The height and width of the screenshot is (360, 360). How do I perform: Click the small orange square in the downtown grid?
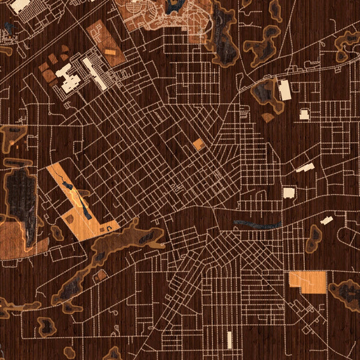click(199, 144)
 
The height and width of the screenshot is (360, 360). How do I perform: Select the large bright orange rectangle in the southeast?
click(308, 282)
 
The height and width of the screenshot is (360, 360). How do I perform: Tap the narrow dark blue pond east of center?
click(258, 224)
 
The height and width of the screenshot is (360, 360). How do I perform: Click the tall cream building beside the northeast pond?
click(284, 90)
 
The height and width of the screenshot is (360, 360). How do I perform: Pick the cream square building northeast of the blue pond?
click(289, 193)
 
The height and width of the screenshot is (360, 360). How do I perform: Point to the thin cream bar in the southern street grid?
click(229, 339)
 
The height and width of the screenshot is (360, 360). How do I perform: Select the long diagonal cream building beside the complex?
click(94, 73)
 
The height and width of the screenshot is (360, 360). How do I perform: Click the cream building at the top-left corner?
click(20, 5)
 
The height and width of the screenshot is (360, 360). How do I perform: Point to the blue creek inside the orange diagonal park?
click(78, 198)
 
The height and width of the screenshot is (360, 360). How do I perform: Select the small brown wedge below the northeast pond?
click(268, 117)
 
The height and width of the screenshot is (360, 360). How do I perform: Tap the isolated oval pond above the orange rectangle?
click(314, 238)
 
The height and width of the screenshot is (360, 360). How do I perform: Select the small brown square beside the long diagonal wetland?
click(101, 274)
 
